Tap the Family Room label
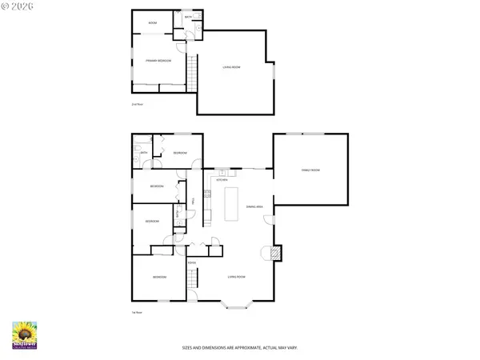click(x=310, y=170)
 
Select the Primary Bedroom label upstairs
click(x=158, y=61)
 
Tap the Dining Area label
click(x=266, y=206)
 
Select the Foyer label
click(x=192, y=262)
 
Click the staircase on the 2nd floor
click(x=192, y=74)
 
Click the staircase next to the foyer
click(x=192, y=281)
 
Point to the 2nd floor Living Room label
click(x=231, y=67)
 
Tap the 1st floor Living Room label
click(x=236, y=277)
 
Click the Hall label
click(x=193, y=201)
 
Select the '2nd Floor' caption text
click(x=137, y=104)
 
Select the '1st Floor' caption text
click(x=137, y=313)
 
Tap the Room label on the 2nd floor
click(x=152, y=23)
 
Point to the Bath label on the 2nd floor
click(x=188, y=17)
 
